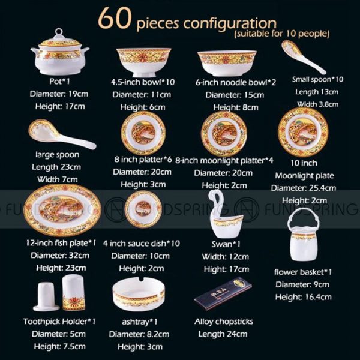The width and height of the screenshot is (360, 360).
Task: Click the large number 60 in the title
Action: pos(115,19)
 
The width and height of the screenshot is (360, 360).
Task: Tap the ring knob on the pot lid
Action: pos(59,31)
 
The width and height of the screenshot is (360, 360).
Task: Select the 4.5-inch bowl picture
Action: pos(143,62)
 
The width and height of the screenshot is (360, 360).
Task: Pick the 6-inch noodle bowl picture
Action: pos(227,64)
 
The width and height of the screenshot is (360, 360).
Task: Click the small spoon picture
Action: pos(303,57)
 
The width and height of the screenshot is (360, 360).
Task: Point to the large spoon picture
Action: pos(62,134)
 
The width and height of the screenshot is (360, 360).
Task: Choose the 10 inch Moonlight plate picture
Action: pos(303,132)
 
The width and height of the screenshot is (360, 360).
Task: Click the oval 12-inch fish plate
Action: pos(62,210)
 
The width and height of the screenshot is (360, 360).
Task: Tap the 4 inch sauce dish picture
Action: pos(143,209)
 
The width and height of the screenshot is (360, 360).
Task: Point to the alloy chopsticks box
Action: pos(223,294)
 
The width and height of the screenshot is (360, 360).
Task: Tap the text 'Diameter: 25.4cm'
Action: pos(303,188)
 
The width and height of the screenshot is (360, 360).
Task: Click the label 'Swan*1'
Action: pos(226,244)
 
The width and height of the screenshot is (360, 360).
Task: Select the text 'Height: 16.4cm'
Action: pos(303,297)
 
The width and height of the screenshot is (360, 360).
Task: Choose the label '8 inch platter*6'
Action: pos(143,160)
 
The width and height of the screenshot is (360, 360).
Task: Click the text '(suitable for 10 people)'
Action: pos(282,34)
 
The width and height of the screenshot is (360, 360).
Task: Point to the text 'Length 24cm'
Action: pos(223,334)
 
